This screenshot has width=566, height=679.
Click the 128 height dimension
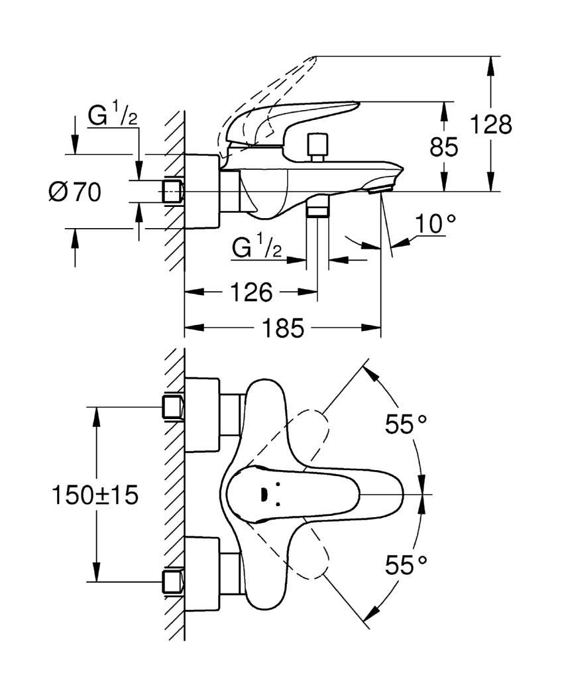point(490,124)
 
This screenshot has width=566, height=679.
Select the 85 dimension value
point(444,147)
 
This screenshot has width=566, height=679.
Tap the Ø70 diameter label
point(75,192)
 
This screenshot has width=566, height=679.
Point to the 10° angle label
point(435,223)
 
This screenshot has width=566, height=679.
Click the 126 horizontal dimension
point(251,292)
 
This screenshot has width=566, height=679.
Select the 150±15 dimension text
point(95,495)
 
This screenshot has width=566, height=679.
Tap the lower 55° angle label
point(406,565)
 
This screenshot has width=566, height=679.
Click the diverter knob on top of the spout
point(317,147)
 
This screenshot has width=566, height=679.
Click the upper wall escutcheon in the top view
point(202,415)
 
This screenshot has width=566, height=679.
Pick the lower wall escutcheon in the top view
point(202,574)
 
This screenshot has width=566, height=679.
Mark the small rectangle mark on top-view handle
point(262,494)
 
